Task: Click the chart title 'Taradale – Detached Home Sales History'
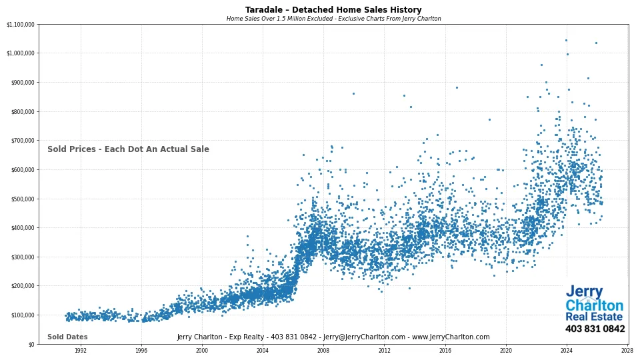[333, 10]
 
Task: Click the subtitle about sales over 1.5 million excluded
[333, 19]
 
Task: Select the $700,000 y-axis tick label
[21, 141]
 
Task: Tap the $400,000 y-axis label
[21, 228]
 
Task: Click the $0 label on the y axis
[31, 344]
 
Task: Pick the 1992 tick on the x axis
[81, 350]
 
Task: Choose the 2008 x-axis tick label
[323, 350]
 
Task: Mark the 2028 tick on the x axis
[627, 350]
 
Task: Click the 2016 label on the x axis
[445, 350]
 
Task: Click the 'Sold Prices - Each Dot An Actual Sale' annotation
[128, 149]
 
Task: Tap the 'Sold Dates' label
[67, 337]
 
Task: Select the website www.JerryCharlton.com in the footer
[451, 337]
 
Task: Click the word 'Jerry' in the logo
[584, 292]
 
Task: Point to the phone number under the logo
[595, 329]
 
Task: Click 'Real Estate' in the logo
[594, 317]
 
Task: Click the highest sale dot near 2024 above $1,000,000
[566, 40]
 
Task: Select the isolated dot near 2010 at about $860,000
[353, 93]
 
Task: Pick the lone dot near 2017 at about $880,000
[457, 87]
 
